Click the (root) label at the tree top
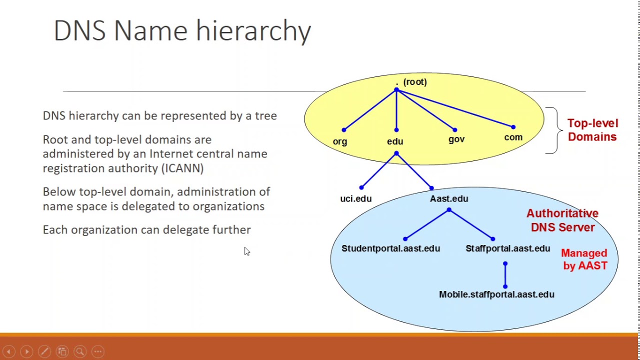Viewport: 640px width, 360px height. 414,82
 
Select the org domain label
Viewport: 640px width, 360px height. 340,141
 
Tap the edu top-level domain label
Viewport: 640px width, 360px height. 395,141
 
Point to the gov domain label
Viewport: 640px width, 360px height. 456,139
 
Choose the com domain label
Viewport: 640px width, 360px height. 513,137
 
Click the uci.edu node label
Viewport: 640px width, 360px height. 356,199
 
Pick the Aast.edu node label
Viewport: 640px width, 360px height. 449,199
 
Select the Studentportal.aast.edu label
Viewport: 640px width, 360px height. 390,248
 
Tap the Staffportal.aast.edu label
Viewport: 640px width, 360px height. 507,248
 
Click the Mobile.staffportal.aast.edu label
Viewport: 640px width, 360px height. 496,294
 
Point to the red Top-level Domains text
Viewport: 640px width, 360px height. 592,130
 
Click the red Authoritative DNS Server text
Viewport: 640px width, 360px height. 562,220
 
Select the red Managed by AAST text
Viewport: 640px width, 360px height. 584,259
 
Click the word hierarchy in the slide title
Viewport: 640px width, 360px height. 253,31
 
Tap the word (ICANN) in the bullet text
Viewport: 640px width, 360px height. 182,168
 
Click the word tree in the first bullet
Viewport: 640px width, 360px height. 265,116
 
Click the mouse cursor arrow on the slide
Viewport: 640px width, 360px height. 247,251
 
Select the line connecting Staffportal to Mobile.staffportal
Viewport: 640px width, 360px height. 505,275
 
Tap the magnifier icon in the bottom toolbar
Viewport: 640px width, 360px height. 80,351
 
